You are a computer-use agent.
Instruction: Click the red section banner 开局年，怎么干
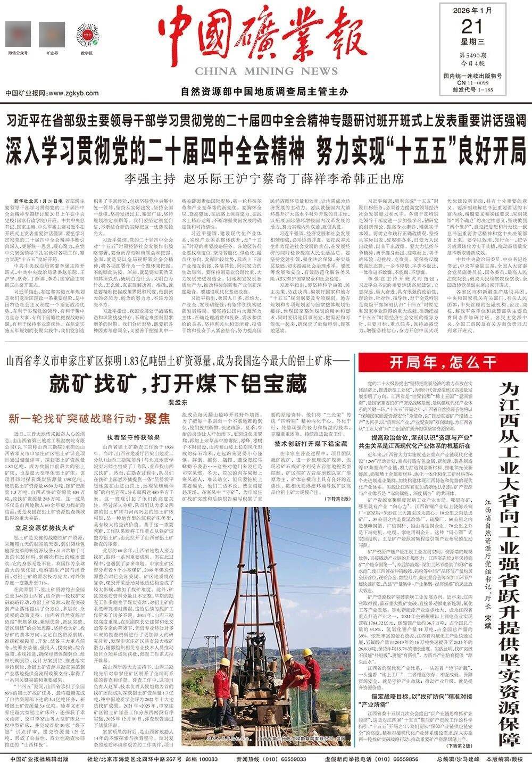443,363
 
